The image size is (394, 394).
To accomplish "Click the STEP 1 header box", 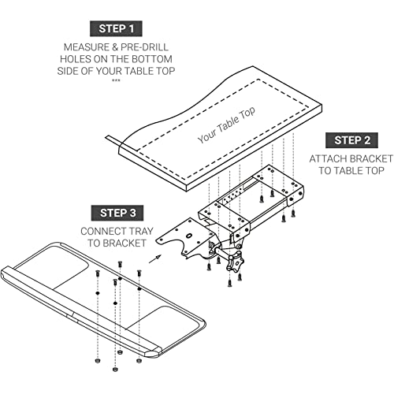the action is tap(116, 28).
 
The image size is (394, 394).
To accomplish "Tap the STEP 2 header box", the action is tap(351, 140).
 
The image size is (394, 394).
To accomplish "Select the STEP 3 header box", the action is tap(117, 213).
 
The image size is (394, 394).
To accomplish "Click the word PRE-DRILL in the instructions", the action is tap(144, 47).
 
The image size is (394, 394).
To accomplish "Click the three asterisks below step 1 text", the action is tap(116, 80).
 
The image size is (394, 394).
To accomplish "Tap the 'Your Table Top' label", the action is tap(226, 125).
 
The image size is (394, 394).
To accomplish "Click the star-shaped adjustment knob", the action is tap(235, 261).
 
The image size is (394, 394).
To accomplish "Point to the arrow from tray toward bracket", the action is tap(155, 258).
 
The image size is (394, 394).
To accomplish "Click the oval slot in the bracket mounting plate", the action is tap(188, 236).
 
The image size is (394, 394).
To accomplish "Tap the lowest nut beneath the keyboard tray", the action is tap(115, 370).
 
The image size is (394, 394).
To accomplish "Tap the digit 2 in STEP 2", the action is tap(366, 140).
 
